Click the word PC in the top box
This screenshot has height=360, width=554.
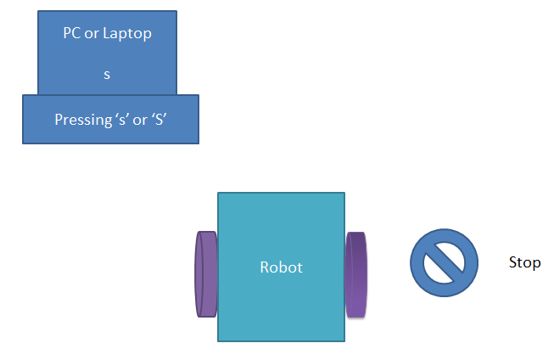[72, 35]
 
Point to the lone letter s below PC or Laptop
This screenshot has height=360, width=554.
[107, 75]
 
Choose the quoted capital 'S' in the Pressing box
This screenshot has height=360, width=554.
[159, 120]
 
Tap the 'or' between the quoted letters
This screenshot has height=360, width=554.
[140, 120]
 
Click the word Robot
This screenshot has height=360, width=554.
[281, 267]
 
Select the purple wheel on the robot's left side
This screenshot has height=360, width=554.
[206, 273]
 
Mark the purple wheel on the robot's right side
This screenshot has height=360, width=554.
[356, 273]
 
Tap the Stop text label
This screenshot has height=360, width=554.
[524, 263]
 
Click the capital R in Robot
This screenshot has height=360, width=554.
[264, 267]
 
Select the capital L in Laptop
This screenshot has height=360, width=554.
[109, 35]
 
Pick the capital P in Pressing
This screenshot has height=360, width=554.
[58, 120]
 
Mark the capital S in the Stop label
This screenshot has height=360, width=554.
[512, 263]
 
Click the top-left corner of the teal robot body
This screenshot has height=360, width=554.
[219, 194]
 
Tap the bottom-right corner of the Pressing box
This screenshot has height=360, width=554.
[199, 143]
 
